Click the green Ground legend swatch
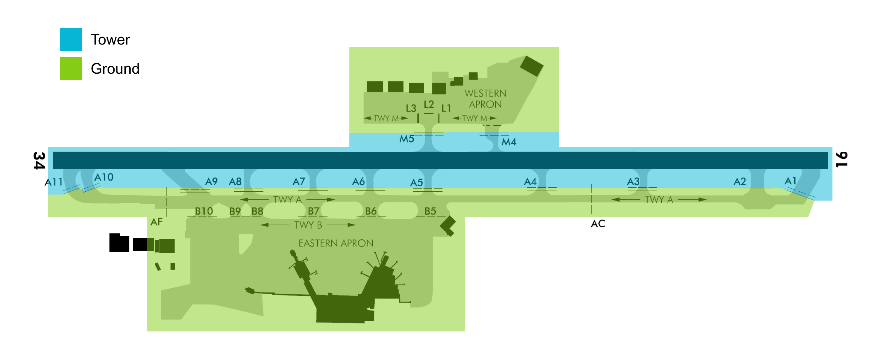coord(71,68)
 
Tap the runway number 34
coord(39,160)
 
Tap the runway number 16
coord(842,159)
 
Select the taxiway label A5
coord(416,183)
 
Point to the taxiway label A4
coord(530,182)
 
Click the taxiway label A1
coord(790,181)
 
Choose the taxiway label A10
coord(104,177)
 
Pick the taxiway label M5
coord(407,139)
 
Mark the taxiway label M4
coord(509,142)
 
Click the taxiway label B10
coord(204,211)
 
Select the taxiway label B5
coord(430,211)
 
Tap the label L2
coord(429,104)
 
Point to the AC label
coord(598,224)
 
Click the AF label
coord(156,222)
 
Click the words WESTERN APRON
coord(486,99)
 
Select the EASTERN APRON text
coord(336,243)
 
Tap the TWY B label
coord(308,225)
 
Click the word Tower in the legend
coord(110,40)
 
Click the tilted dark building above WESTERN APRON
coord(532,66)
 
